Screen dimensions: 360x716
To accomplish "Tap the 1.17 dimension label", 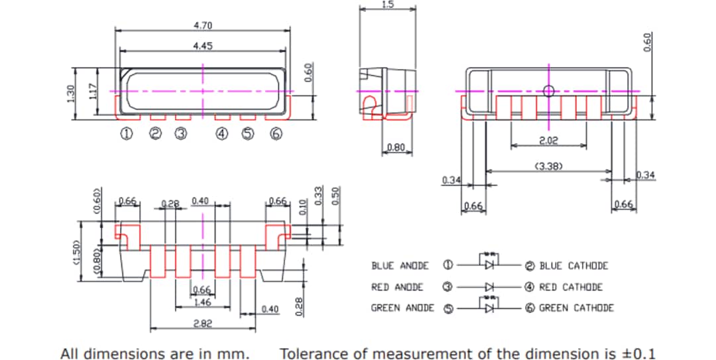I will click(93, 95).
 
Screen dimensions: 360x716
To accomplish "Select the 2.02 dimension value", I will click(548, 140).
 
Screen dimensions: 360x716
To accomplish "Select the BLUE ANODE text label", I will click(400, 266).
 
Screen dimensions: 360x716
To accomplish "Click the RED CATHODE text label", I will click(571, 287).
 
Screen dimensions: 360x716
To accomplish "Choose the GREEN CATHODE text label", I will click(576, 308).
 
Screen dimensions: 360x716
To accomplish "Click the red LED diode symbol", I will click(489, 287).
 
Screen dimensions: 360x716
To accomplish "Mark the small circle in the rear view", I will click(548, 91).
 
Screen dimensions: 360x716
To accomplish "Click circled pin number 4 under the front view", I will click(222, 134).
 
